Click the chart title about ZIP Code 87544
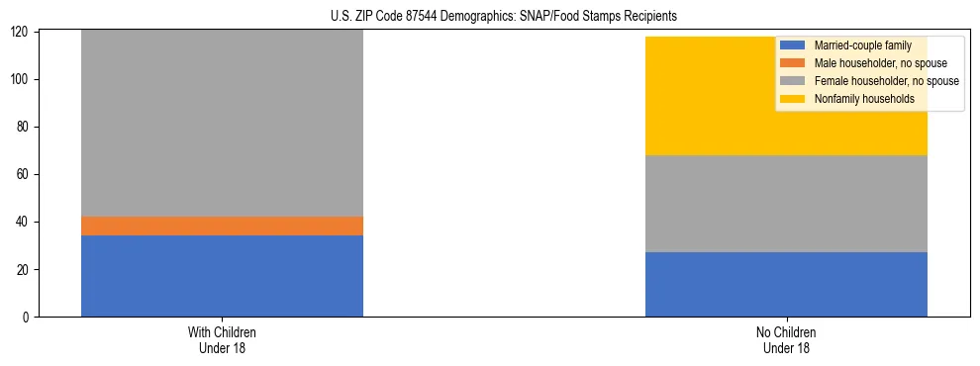pyautogui.click(x=504, y=17)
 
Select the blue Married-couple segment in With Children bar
pyautogui.click(x=222, y=276)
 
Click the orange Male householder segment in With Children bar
pyautogui.click(x=222, y=226)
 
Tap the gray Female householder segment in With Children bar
pyautogui.click(x=222, y=124)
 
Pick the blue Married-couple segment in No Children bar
pyautogui.click(x=786, y=284)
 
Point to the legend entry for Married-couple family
pyautogui.click(x=862, y=46)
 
